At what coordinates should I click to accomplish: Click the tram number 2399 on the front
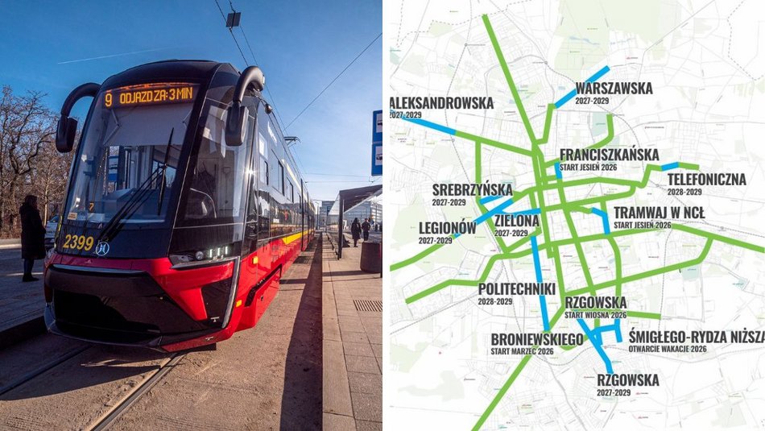pos(78,242)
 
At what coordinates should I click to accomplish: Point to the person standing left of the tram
pos(31,237)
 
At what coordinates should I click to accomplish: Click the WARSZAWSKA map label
pos(614,89)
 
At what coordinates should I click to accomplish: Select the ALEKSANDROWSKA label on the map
pos(441,103)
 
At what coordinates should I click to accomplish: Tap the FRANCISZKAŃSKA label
pos(609,155)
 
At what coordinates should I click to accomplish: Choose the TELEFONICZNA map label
pos(706,179)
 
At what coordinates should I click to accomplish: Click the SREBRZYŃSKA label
pos(472,189)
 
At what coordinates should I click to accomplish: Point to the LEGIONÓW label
pos(447,228)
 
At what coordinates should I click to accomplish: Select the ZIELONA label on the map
pos(516,220)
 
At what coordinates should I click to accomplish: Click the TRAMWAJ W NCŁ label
pos(659,213)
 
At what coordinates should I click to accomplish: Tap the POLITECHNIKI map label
pos(516,288)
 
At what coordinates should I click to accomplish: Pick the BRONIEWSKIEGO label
pos(537,339)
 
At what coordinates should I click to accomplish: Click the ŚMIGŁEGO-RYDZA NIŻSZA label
pos(696,337)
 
